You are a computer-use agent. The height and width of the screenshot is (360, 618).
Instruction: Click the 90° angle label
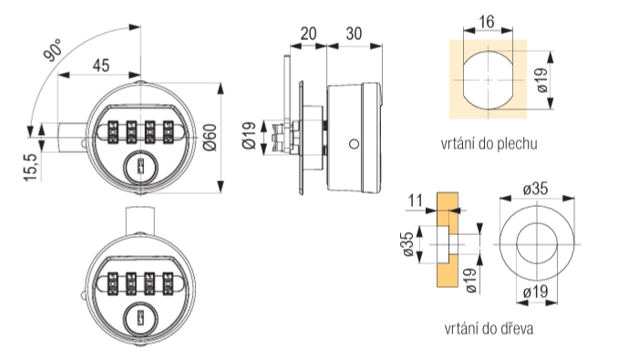(x=53, y=50)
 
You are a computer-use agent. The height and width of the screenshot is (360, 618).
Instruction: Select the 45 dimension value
(x=101, y=66)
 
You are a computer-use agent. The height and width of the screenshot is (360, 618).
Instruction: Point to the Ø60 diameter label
(x=211, y=137)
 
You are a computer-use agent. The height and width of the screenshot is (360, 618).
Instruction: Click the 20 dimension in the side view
(x=308, y=34)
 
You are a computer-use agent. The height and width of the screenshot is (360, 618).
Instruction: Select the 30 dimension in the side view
(x=354, y=34)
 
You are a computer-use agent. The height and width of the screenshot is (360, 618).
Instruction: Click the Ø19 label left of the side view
(x=249, y=137)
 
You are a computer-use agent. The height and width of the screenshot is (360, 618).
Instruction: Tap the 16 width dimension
(x=487, y=22)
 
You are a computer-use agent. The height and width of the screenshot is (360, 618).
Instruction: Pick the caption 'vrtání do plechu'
(x=489, y=144)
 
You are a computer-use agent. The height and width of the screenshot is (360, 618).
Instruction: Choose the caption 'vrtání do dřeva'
(x=489, y=328)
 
